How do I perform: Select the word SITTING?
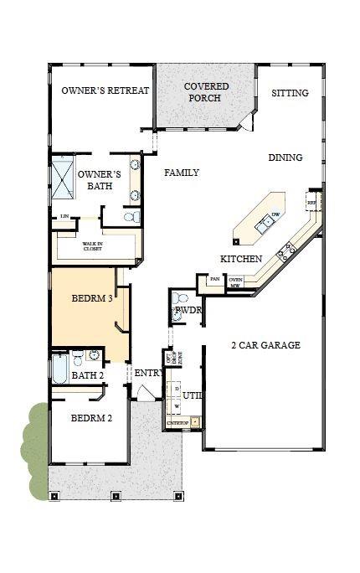tap(290, 93)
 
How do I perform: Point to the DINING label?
tap(285, 157)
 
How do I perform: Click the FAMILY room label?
tap(181, 173)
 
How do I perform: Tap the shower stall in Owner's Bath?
tap(64, 177)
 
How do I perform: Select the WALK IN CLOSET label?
tap(94, 247)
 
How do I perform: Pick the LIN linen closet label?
tap(64, 217)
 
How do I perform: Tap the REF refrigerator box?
tap(311, 203)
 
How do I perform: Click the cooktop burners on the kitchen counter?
tap(291, 248)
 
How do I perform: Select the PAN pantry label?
tap(214, 279)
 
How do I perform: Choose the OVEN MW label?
tap(236, 282)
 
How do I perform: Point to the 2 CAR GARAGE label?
tap(265, 345)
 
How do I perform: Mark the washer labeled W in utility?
tap(177, 405)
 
